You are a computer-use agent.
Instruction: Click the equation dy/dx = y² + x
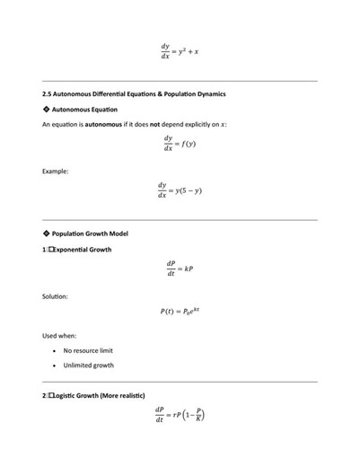[180, 51]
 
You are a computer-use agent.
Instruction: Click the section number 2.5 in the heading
[48, 93]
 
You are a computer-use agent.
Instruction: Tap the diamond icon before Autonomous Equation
[46, 109]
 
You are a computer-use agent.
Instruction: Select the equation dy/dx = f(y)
[180, 144]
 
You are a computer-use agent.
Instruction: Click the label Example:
[56, 171]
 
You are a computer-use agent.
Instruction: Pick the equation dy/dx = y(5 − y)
[180, 190]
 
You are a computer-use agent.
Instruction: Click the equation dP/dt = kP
[180, 269]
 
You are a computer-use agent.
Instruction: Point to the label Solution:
[56, 295]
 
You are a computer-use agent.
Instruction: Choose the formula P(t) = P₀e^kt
[180, 312]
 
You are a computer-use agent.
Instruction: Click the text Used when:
[59, 336]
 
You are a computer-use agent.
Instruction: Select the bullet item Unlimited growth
[88, 366]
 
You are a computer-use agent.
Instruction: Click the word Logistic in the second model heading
[66, 396]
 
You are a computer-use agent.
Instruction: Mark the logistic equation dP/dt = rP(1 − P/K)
[180, 416]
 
